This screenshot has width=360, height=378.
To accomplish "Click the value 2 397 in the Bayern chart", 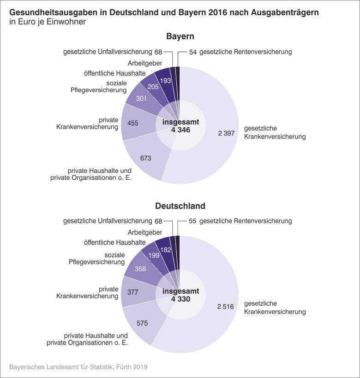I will [226, 134].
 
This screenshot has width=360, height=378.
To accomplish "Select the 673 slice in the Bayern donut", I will [145, 158].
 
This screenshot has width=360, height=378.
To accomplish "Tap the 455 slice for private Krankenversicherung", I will [132, 123].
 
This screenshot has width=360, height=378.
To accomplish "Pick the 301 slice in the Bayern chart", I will [141, 98].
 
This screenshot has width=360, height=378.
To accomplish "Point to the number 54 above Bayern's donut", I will [193, 52].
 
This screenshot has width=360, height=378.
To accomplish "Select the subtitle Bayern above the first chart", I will [180, 36].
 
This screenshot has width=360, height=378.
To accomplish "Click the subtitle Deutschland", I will [180, 206].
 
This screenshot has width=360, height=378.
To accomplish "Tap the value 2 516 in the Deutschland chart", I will [226, 307].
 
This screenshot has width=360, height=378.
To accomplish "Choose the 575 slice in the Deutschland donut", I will [142, 323].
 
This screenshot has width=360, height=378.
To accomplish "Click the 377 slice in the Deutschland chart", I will [132, 292].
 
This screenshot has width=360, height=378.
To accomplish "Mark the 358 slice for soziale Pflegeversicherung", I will [140, 269].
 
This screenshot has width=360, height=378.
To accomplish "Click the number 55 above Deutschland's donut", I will [193, 221].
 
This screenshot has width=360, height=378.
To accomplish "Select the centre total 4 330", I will [180, 299].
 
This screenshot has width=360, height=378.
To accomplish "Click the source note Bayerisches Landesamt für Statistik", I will [78, 367].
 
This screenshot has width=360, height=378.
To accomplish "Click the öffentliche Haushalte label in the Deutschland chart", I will [115, 242].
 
